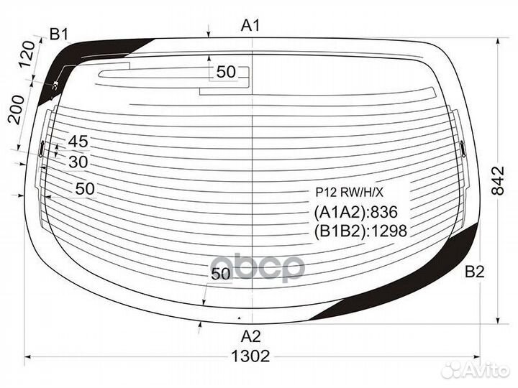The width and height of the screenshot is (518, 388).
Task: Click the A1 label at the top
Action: (x=250, y=25)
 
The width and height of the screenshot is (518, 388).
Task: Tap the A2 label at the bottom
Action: (x=251, y=336)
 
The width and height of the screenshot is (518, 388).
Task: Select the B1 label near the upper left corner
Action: (x=59, y=34)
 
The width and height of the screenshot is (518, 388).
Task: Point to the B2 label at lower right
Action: (x=474, y=272)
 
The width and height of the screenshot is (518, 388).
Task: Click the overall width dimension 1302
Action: (x=250, y=356)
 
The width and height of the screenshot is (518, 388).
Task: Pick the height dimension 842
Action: (x=498, y=181)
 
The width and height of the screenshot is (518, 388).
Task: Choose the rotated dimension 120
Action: (x=27, y=54)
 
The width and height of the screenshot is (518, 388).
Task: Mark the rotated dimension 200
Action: (x=17, y=109)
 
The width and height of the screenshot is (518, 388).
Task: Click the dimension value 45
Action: (x=78, y=142)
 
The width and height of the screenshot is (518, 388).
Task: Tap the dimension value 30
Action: (x=78, y=162)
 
